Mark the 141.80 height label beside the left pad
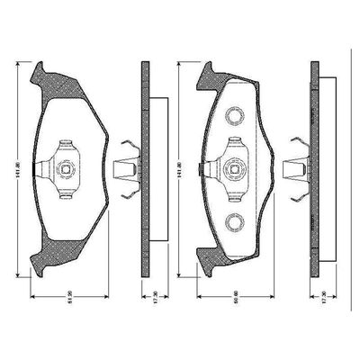click(x=19, y=167)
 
